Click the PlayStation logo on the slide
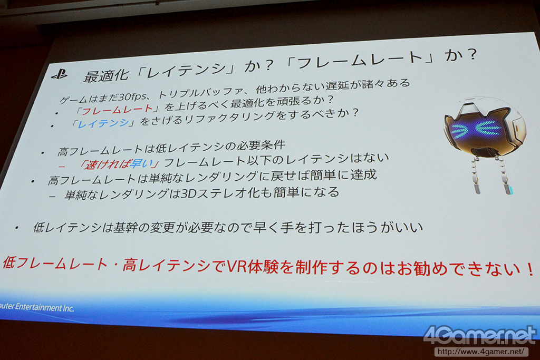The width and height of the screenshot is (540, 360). point(59,74)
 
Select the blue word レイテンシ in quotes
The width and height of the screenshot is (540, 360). point(104,123)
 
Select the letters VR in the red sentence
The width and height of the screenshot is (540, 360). point(236,266)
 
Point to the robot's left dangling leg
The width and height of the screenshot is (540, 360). point(476,175)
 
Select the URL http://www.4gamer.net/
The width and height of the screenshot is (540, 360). point(481,352)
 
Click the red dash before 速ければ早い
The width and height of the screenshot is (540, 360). point(62,167)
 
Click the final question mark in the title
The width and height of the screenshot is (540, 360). point(471,55)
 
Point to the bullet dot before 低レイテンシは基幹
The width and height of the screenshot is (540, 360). point(16,228)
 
